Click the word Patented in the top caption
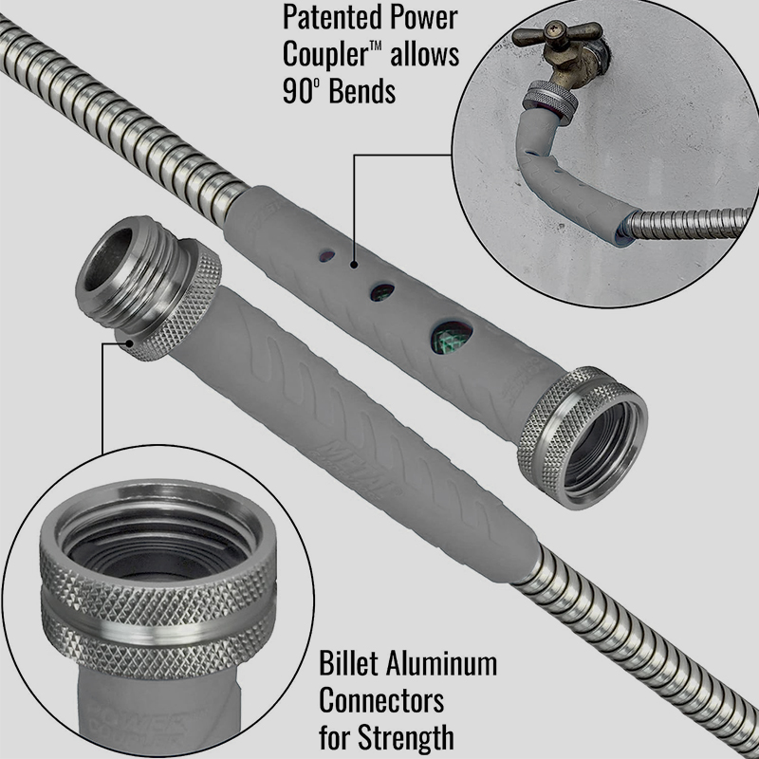pos(333,19)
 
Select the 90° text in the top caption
pos(299,90)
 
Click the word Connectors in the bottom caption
pos(381,700)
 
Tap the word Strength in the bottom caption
pos(406,737)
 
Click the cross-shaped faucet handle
pos(557,33)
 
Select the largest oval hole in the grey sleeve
pos(452,336)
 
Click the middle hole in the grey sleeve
pos(382,291)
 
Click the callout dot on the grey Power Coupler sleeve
pos(354,265)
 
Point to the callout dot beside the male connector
pos(129,342)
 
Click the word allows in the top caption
pos(425,54)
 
